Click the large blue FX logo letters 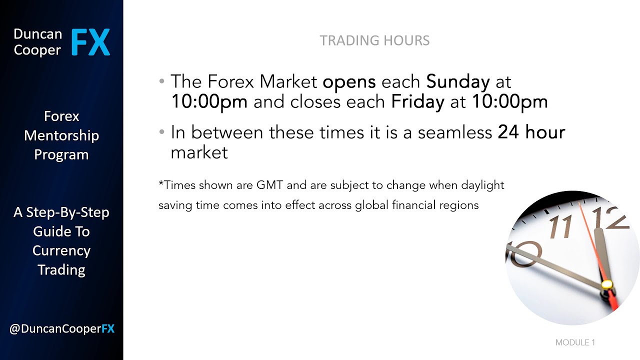(90, 42)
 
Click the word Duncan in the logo (37, 34)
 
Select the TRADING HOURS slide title (374, 40)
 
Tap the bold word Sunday (457, 81)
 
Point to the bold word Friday (417, 102)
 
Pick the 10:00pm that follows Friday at (509, 102)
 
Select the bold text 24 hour (531, 132)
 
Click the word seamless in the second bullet (455, 132)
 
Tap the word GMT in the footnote (270, 185)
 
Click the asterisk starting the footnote (161, 183)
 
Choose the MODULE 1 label (575, 342)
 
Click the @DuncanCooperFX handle (61, 328)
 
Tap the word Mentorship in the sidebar (61, 135)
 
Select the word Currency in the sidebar (61, 250)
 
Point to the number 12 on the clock (609, 218)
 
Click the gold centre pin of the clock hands (607, 284)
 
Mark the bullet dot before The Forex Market (161, 81)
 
